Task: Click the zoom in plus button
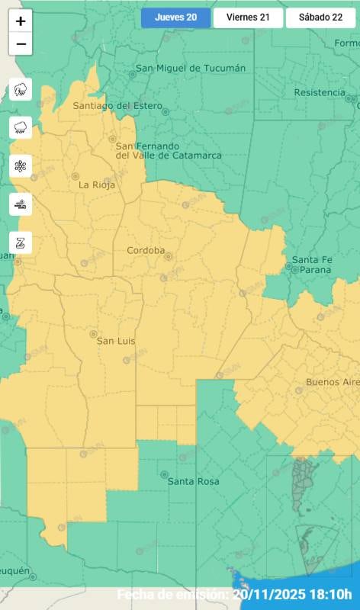tap(21, 21)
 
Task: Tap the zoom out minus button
tap(21, 44)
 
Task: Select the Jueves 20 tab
tap(175, 18)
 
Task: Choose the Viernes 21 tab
tap(247, 18)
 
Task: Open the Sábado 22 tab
tap(320, 18)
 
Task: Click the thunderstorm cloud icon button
tap(21, 90)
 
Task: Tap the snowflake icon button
tap(21, 165)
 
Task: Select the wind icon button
tap(21, 204)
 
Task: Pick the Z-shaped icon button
tap(21, 242)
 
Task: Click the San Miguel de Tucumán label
tap(191, 69)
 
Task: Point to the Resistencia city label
tap(320, 93)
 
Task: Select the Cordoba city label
tap(146, 250)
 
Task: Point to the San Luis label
tap(115, 341)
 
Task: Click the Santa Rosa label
tap(193, 481)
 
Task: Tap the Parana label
tap(316, 270)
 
